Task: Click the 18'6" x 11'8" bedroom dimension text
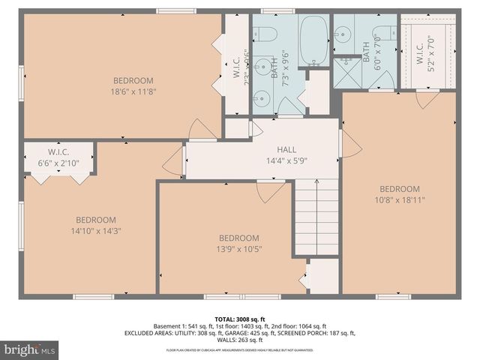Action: coord(133,92)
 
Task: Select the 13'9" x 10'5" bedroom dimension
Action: coord(239,249)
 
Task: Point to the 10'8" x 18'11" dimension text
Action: coord(398,200)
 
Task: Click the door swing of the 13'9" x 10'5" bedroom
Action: coord(271,192)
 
